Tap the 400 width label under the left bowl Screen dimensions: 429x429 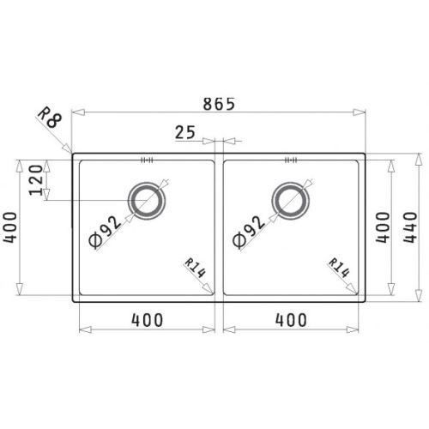click(x=148, y=320)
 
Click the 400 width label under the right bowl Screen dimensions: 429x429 click(x=292, y=320)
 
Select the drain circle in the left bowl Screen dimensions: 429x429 click(x=147, y=200)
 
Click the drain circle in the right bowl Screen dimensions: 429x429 click(x=290, y=200)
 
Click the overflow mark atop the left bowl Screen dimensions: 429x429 click(x=146, y=159)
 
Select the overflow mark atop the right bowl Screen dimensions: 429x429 click(x=290, y=159)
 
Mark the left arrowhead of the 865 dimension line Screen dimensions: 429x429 click(x=76, y=112)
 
